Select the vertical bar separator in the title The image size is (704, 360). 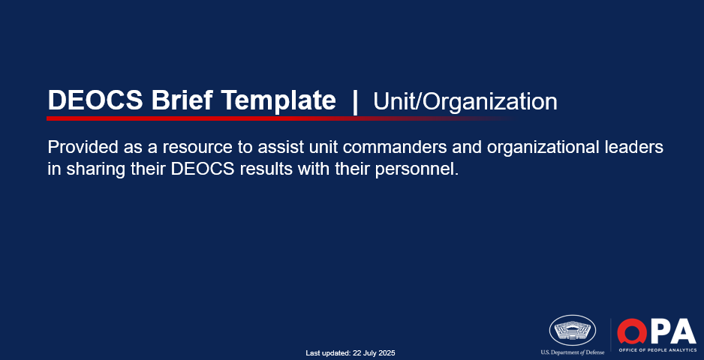(x=355, y=102)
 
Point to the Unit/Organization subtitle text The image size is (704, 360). (x=465, y=102)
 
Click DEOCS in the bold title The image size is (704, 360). (x=95, y=100)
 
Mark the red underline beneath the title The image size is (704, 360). (x=281, y=118)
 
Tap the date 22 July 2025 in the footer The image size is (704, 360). (x=374, y=353)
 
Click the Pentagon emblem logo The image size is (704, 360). (x=573, y=330)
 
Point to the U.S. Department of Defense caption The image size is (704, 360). (x=573, y=352)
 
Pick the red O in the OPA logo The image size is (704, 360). (x=632, y=331)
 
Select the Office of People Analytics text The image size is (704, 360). (x=657, y=350)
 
